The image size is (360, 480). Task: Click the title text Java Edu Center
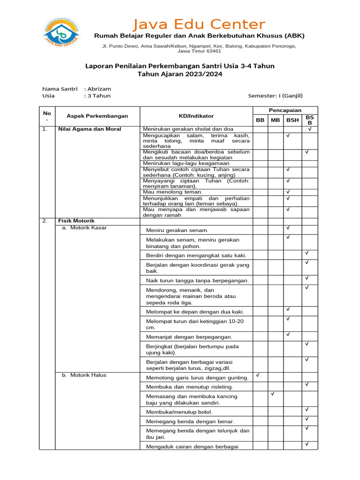click(199, 24)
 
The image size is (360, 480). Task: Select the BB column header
click(260, 120)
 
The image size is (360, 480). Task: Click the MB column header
click(276, 120)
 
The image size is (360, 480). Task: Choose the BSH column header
click(292, 120)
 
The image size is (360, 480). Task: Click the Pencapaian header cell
click(285, 110)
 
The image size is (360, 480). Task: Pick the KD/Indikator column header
click(196, 116)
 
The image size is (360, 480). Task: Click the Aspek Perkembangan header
click(97, 116)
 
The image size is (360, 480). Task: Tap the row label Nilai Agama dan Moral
click(90, 129)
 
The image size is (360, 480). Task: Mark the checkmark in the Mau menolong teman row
click(288, 192)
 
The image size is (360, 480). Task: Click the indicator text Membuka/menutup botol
click(173, 412)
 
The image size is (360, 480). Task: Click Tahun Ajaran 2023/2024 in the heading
click(180, 74)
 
